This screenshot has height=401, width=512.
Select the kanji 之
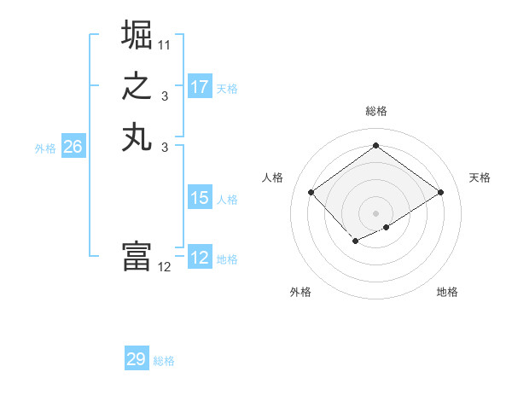click(137, 86)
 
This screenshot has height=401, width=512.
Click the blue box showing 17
click(200, 87)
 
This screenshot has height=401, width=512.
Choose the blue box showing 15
click(200, 198)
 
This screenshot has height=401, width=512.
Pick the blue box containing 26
click(73, 147)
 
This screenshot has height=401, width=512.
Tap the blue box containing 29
click(137, 359)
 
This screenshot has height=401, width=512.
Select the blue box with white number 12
click(200, 258)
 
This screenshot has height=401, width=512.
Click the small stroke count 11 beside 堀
click(165, 44)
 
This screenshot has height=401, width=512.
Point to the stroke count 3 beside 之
click(164, 96)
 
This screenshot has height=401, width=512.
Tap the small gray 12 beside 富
click(165, 267)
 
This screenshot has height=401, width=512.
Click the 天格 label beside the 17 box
click(227, 89)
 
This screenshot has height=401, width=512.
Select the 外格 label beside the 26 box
click(45, 148)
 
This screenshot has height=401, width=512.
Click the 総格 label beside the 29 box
click(164, 361)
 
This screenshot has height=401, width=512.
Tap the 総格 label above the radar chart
click(375, 111)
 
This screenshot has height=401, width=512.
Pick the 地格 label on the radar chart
click(447, 292)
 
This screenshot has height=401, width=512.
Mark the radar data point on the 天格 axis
click(440, 193)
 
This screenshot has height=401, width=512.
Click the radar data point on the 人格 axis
click(311, 193)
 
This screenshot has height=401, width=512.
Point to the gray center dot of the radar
click(375, 213)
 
